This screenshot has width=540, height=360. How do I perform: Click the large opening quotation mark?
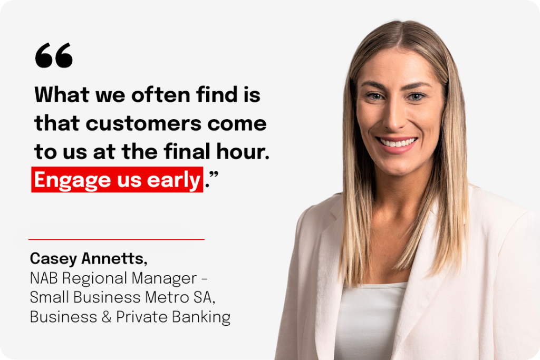pyautogui.click(x=54, y=55)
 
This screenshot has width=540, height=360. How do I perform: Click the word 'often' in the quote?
pyautogui.click(x=160, y=94)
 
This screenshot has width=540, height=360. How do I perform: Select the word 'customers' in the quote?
pyautogui.click(x=143, y=123)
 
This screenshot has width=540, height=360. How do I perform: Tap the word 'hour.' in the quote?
pyautogui.click(x=243, y=151)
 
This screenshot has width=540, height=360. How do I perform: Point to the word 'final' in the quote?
pyautogui.click(x=187, y=151)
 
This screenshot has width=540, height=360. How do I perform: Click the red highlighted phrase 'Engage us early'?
pyautogui.click(x=117, y=180)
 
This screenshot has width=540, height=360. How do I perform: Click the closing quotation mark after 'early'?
pyautogui.click(x=214, y=174)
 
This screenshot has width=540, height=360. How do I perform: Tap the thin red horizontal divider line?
pyautogui.click(x=117, y=239)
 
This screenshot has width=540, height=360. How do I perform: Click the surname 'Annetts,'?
pyautogui.click(x=114, y=258)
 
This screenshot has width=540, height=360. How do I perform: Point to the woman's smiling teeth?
pyautogui.click(x=397, y=142)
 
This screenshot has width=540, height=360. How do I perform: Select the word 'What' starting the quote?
pyautogui.click(x=62, y=94)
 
